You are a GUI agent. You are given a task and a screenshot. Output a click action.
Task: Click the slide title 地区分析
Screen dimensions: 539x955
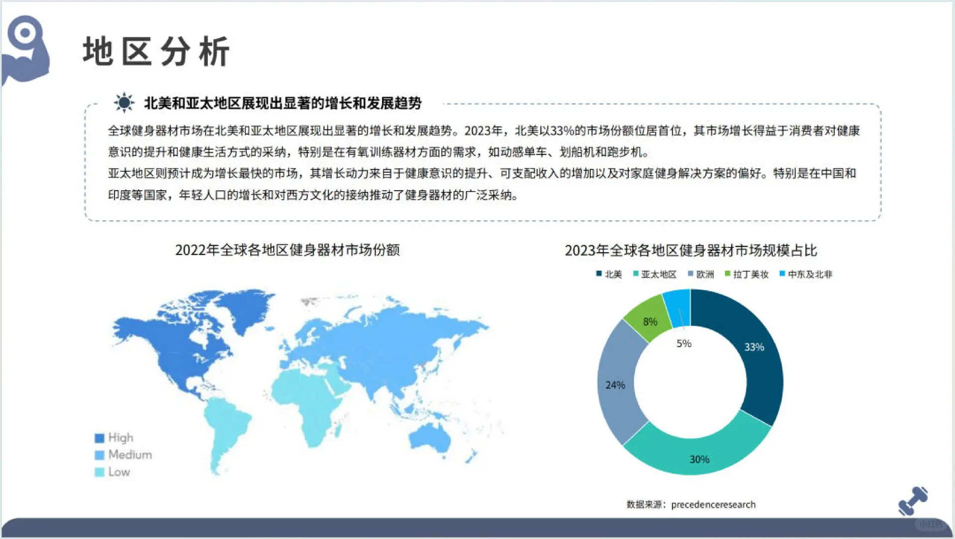[x=156, y=51]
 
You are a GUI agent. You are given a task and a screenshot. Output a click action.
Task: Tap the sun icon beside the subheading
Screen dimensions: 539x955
[x=124, y=103]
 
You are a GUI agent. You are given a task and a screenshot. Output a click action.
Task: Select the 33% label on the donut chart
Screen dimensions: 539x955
[x=754, y=347]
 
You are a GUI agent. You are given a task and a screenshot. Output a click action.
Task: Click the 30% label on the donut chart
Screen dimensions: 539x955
[x=699, y=459]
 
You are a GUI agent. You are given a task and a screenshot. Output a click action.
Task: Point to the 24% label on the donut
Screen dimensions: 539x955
[x=615, y=385]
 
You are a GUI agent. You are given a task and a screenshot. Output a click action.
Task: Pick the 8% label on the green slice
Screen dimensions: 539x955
[x=650, y=322]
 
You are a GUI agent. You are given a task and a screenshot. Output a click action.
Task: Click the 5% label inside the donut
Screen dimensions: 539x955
[x=684, y=343]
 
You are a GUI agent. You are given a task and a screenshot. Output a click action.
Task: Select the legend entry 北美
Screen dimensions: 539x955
[x=609, y=274]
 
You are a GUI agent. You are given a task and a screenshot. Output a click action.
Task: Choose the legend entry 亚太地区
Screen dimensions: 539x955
[x=655, y=274]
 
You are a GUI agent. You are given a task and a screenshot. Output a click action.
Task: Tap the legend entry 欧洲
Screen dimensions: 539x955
[x=701, y=274]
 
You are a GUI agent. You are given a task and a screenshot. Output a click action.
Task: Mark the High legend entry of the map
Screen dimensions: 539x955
[x=115, y=438]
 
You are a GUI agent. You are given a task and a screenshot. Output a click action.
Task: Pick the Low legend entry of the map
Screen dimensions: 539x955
[x=113, y=472]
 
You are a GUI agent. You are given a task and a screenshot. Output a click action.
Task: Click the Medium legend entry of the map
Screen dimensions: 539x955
[x=124, y=455]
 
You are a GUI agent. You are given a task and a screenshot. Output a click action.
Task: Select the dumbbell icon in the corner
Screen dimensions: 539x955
[x=913, y=501]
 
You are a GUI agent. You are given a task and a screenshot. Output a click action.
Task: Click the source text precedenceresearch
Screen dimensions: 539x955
[x=713, y=505]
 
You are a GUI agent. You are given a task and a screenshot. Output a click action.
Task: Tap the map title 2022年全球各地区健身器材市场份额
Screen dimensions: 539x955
[x=287, y=250]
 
